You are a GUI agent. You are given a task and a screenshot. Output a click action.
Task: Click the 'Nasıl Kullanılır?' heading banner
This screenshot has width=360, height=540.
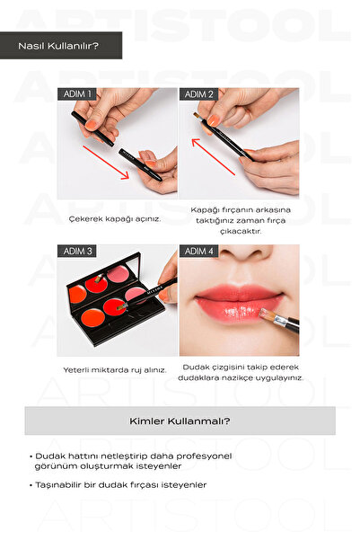(x=61, y=46)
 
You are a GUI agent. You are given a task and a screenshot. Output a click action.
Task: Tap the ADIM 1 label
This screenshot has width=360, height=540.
(x=77, y=94)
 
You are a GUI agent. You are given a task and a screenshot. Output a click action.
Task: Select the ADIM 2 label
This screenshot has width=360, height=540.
(x=198, y=94)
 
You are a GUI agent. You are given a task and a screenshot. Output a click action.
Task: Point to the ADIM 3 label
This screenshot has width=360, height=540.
(x=77, y=251)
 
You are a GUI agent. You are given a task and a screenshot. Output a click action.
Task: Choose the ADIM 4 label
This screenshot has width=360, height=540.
(x=198, y=251)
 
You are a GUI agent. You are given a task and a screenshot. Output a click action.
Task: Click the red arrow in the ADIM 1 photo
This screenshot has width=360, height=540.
(x=106, y=163)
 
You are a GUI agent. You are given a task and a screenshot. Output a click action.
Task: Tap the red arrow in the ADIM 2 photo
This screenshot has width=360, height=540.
(x=213, y=156)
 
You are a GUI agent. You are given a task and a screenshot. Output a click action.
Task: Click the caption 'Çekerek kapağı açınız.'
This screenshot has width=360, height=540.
(x=115, y=219)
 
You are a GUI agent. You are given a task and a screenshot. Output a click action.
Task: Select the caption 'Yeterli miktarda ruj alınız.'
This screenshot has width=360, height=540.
(x=115, y=370)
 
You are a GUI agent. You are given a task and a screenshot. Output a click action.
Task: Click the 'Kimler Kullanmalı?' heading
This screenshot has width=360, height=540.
(x=180, y=420)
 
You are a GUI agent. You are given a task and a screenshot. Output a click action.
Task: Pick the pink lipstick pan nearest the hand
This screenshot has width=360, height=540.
(x=135, y=294)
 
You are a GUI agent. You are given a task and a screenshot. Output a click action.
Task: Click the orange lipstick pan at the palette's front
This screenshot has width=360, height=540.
(x=93, y=318)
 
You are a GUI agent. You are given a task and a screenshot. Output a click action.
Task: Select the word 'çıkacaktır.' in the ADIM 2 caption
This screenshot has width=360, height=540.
(x=241, y=231)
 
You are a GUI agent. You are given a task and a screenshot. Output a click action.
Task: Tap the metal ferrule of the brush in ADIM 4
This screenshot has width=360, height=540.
(x=280, y=321)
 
